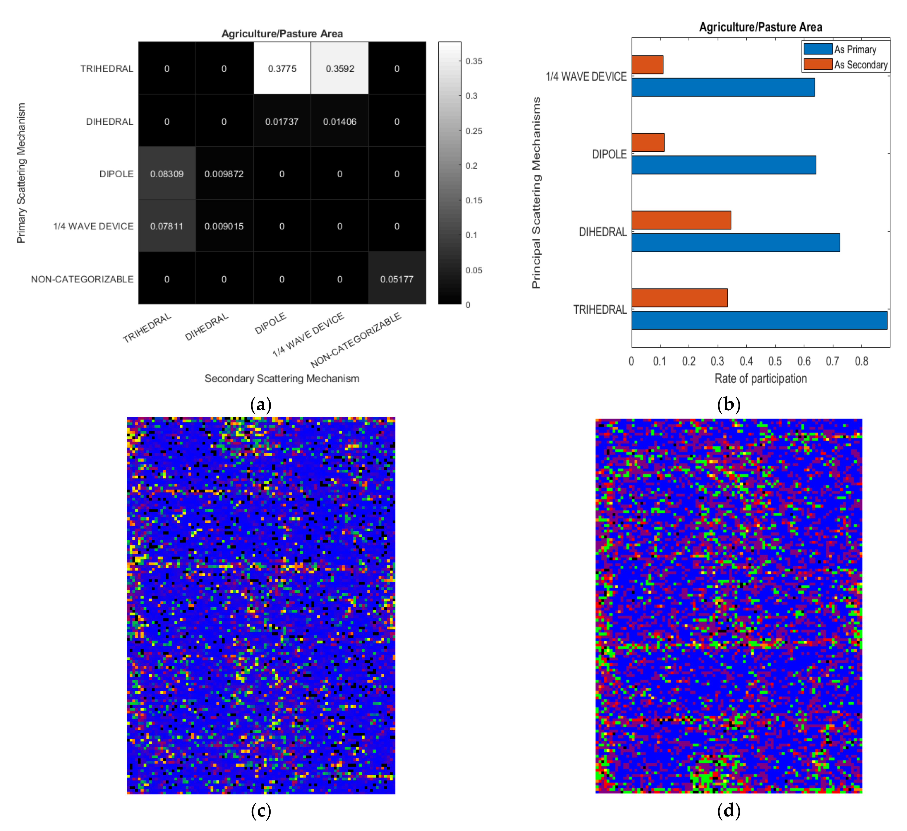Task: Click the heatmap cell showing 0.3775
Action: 282,68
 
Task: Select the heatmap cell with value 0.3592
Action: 340,68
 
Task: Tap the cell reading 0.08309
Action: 167,174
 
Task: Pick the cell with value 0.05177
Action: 397,279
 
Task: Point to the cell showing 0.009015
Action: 224,226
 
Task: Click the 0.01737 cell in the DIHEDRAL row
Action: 282,122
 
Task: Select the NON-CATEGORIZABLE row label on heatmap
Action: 82,279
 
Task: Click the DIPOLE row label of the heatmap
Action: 117,174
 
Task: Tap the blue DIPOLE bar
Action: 723,165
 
